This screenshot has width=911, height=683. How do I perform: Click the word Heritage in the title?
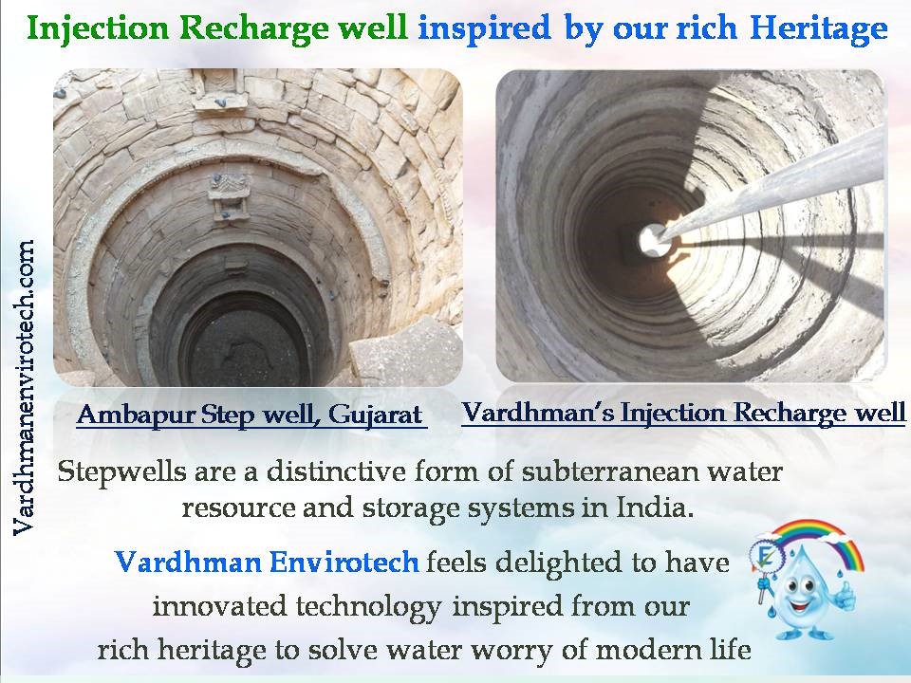point(819,28)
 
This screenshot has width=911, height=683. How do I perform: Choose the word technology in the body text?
point(368,607)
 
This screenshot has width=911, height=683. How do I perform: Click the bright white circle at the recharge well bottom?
point(653,239)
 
